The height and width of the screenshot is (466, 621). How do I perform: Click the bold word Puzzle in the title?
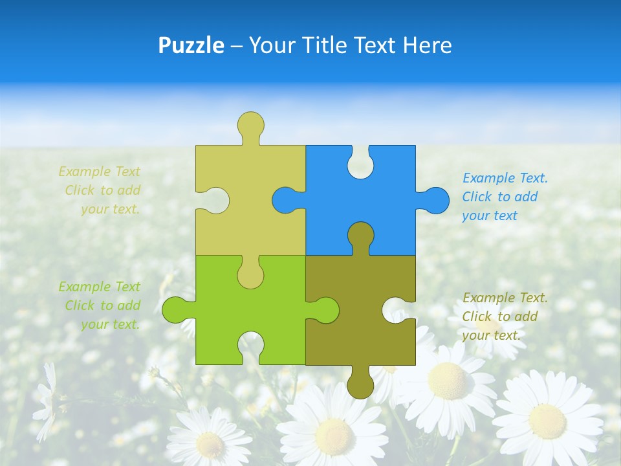(x=191, y=45)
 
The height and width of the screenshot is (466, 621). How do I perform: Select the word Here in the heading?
(x=427, y=45)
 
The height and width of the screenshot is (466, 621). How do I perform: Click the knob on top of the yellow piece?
(x=250, y=124)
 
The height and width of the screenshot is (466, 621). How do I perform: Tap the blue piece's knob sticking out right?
(x=436, y=201)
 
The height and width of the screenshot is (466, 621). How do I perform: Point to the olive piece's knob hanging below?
(x=360, y=386)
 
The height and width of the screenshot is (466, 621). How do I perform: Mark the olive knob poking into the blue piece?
(x=360, y=236)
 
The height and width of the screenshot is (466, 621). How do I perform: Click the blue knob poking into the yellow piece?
(x=285, y=201)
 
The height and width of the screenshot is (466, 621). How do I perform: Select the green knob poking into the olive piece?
(x=326, y=310)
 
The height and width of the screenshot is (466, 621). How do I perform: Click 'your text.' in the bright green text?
(x=110, y=324)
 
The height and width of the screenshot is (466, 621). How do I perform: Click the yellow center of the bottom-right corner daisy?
(x=547, y=420)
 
